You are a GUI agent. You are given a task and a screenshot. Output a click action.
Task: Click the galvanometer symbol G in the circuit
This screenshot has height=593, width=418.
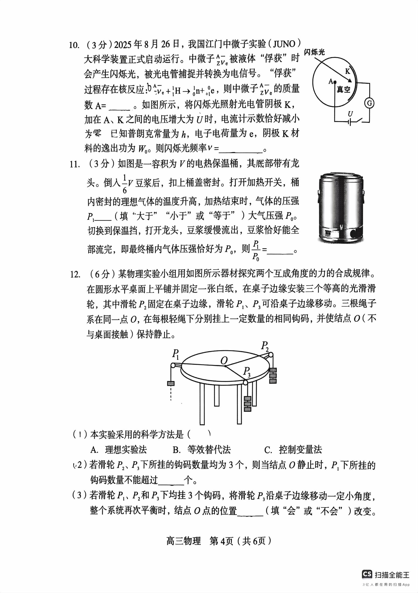pyautogui.click(x=369, y=103)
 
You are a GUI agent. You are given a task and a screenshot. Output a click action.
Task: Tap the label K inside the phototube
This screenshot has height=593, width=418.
pyautogui.click(x=347, y=72)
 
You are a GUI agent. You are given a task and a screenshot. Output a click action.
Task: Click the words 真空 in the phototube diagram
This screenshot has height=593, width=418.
pyautogui.click(x=343, y=90)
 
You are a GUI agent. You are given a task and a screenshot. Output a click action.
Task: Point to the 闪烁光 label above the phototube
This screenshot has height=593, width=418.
pyautogui.click(x=314, y=53)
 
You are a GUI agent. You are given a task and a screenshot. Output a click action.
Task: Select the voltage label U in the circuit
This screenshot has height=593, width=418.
pyautogui.click(x=350, y=114)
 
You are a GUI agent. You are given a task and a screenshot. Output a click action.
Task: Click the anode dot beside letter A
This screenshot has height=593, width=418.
pyautogui.click(x=335, y=83)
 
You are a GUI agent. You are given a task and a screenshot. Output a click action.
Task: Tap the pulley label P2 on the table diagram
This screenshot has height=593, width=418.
pyautogui.click(x=265, y=346)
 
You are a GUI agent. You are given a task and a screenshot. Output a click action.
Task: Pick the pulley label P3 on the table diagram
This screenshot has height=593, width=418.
pyautogui.click(x=247, y=372)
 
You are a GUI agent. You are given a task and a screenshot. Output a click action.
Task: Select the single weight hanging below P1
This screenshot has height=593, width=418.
pyautogui.click(x=170, y=383)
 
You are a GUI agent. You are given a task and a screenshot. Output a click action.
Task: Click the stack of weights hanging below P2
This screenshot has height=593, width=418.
pyautogui.click(x=273, y=376)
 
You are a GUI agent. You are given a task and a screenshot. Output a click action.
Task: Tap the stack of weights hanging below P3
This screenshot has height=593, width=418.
pyautogui.click(x=248, y=404)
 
